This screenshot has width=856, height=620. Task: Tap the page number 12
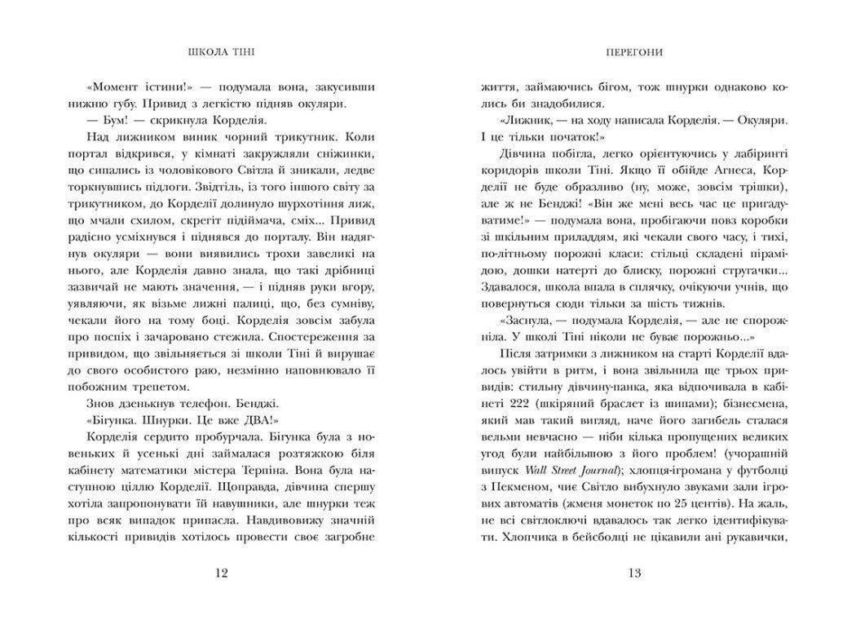point(222,573)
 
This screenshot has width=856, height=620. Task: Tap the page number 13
point(634,573)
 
